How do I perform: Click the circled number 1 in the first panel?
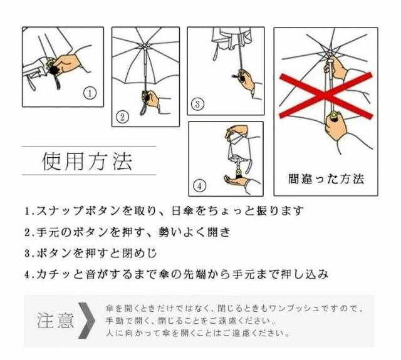90,93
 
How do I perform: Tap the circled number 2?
122,117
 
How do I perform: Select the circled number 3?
197,104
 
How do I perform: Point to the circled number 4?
199,186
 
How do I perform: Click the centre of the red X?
325,95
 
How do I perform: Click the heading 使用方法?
87,162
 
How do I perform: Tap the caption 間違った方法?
326,179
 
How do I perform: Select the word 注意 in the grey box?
55,321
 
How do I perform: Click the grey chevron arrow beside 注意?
86,321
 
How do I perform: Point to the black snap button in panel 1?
55,69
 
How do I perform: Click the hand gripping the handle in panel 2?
151,98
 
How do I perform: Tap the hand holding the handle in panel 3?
246,80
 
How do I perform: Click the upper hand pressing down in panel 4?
236,131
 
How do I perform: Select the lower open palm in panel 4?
236,180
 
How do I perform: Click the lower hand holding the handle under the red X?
336,126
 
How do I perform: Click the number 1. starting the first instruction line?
29,211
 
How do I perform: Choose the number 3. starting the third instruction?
29,254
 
